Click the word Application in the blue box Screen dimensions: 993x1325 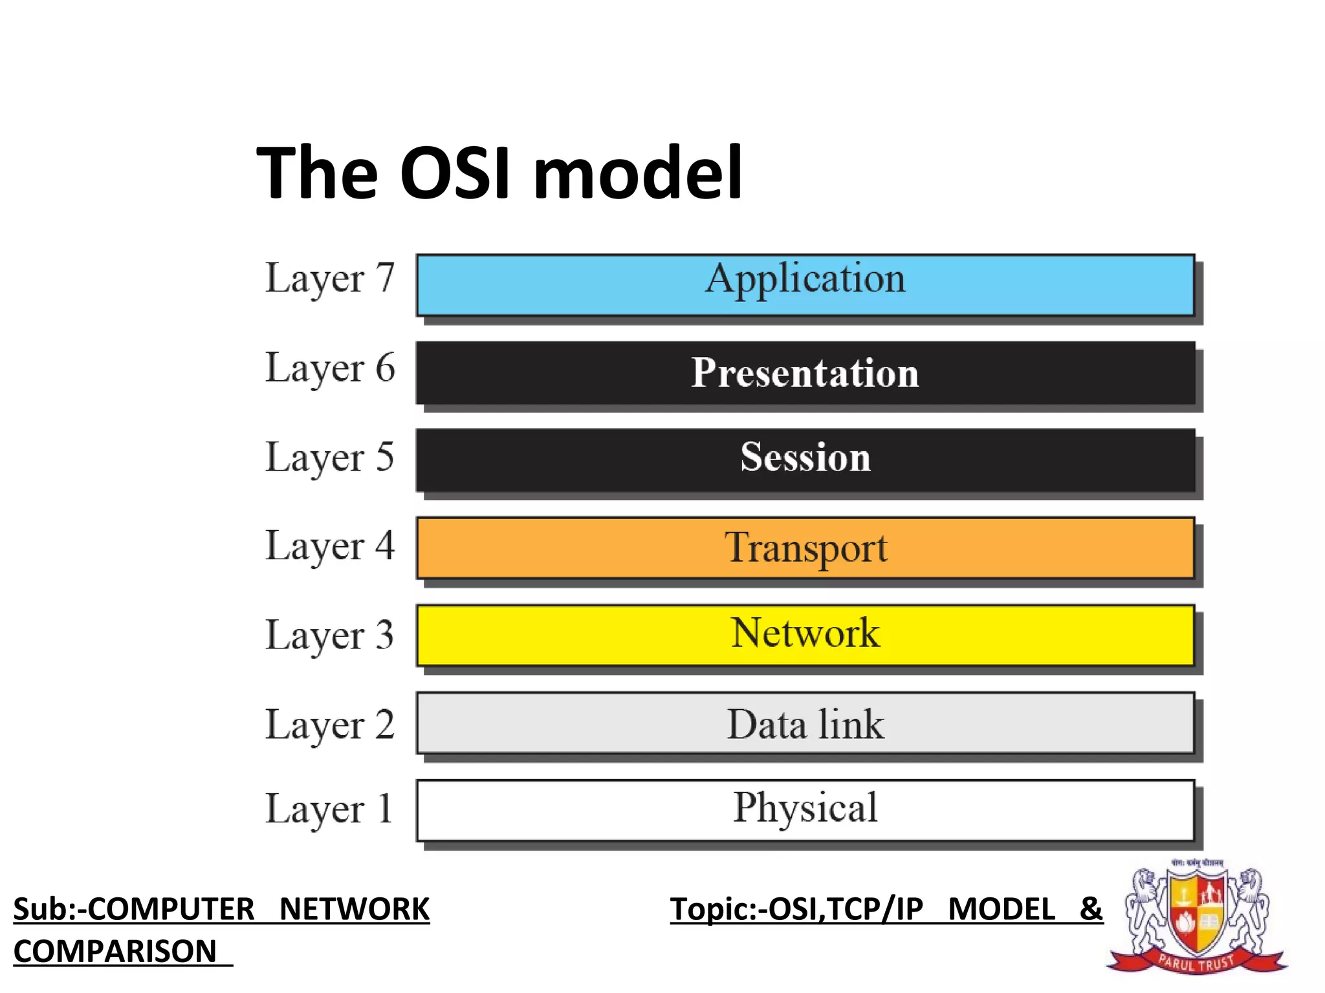(805, 279)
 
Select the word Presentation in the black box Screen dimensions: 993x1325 (805, 373)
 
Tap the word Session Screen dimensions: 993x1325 (805, 457)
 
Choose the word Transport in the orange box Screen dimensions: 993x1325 (805, 548)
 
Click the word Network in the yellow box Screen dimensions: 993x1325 (805, 633)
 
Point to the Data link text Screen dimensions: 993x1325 (805, 724)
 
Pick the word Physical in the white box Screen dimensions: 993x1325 (805, 808)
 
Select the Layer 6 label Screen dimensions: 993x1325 (329, 368)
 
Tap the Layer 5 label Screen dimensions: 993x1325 (329, 458)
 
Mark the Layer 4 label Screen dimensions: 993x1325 (329, 547)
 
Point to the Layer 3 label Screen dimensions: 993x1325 (329, 635)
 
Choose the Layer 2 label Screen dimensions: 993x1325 (329, 725)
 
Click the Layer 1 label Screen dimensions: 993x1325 (329, 809)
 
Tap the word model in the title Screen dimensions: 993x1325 (638, 173)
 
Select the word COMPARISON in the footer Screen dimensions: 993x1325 (115, 952)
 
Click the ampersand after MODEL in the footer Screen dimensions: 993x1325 (1091, 909)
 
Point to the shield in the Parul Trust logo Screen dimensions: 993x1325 (1197, 912)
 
